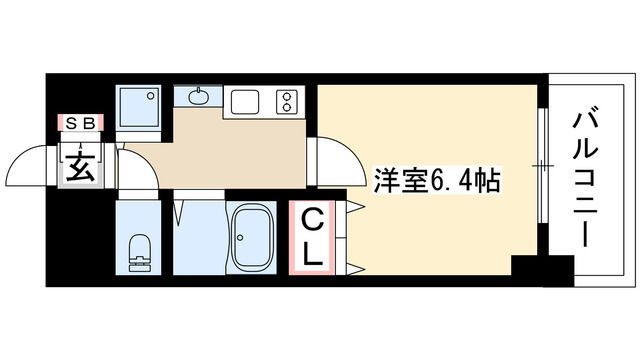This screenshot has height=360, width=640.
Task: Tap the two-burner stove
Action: tap(288, 100)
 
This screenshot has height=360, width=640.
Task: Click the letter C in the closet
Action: tap(312, 216)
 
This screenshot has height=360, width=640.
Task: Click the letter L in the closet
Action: tap(312, 253)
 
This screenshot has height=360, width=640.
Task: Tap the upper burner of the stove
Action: tap(288, 95)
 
